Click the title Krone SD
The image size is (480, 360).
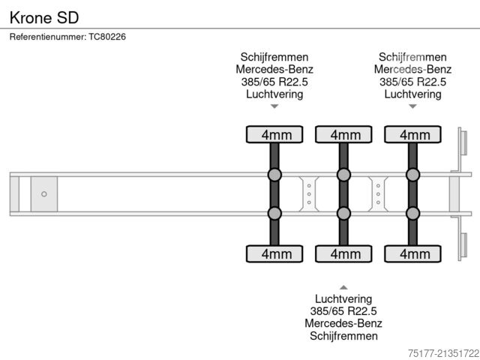click(x=43, y=16)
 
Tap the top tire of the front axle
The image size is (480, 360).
click(x=274, y=134)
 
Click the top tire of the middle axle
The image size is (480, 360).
click(x=343, y=134)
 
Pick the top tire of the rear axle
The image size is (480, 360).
click(x=412, y=134)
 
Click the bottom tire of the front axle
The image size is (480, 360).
click(x=274, y=254)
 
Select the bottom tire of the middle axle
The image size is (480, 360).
click(x=343, y=254)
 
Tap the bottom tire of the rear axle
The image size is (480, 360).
click(x=412, y=254)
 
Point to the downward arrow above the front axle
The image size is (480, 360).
click(x=274, y=106)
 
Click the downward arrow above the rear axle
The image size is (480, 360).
click(x=412, y=106)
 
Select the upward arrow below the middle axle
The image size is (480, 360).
click(x=343, y=286)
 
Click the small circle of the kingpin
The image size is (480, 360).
click(x=44, y=194)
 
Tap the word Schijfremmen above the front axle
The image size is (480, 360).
click(x=274, y=57)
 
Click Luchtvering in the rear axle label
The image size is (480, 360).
click(x=412, y=94)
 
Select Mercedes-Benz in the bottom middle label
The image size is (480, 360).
click(x=343, y=323)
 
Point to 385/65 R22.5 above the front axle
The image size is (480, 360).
click(x=274, y=82)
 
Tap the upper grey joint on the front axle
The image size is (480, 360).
click(x=274, y=175)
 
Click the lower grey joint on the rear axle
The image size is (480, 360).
click(x=412, y=213)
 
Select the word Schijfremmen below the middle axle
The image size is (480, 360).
click(x=343, y=336)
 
